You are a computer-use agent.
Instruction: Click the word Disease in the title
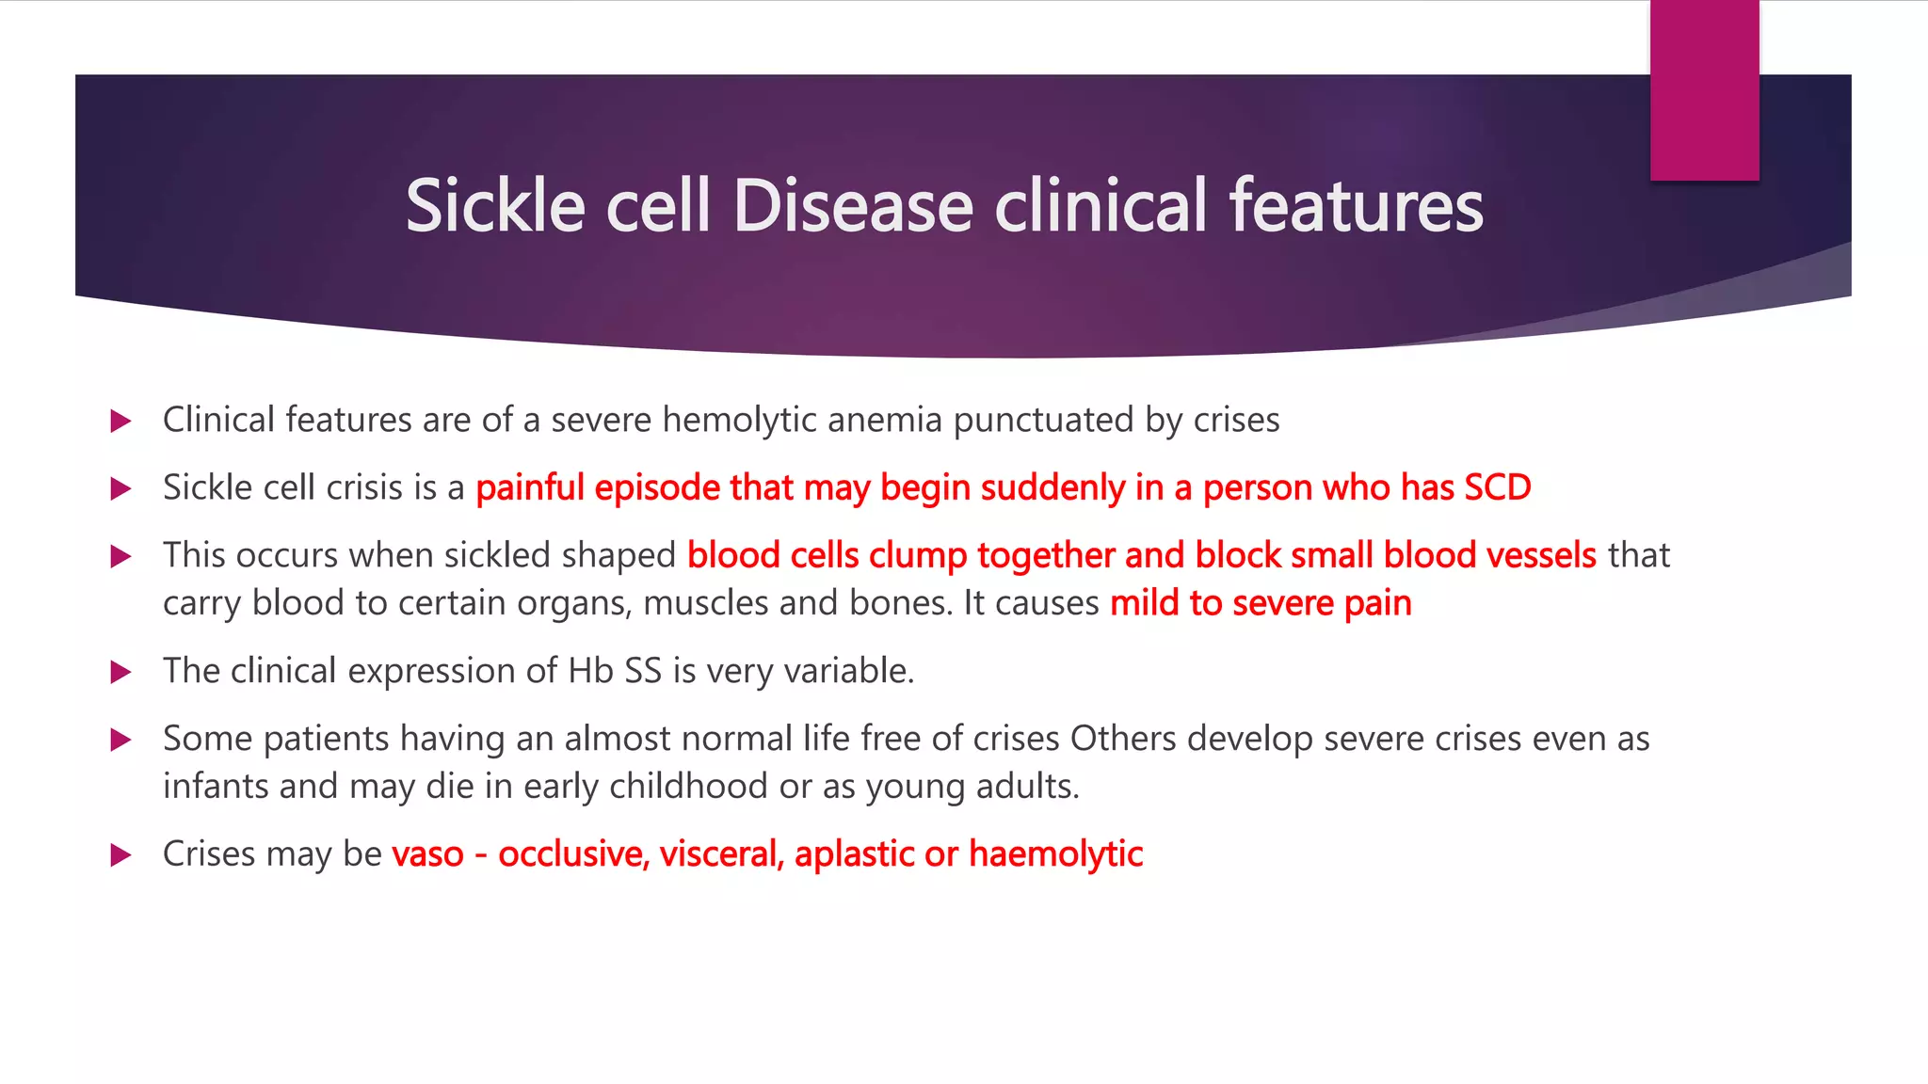click(852, 206)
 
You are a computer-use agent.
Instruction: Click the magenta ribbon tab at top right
click(1704, 89)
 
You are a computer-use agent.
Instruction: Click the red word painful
click(530, 487)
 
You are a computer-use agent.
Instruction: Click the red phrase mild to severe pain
click(1261, 603)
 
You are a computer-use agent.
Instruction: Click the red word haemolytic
click(1055, 854)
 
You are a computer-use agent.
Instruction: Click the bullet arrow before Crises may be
click(120, 855)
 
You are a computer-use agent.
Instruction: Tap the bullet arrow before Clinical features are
click(120, 421)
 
